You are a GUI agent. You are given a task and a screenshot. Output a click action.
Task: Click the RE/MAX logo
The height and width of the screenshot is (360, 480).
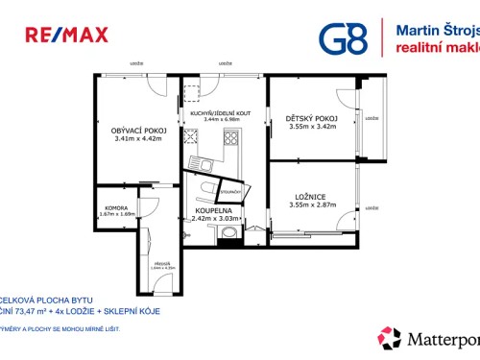pyautogui.click(x=66, y=36)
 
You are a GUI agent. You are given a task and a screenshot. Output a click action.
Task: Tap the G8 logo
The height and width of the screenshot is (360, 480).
pyautogui.click(x=342, y=37)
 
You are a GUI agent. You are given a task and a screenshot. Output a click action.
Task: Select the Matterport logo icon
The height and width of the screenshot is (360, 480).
pyautogui.click(x=390, y=338)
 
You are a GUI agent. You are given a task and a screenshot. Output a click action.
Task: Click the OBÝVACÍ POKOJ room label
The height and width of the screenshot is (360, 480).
pyautogui.click(x=139, y=131)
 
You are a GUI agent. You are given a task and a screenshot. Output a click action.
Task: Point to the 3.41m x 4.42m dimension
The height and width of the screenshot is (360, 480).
pyautogui.click(x=139, y=140)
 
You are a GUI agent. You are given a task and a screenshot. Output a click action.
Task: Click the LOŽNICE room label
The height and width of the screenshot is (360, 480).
pyautogui.click(x=313, y=197)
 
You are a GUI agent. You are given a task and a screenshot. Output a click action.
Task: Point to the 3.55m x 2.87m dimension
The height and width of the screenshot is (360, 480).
pyautogui.click(x=313, y=205)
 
